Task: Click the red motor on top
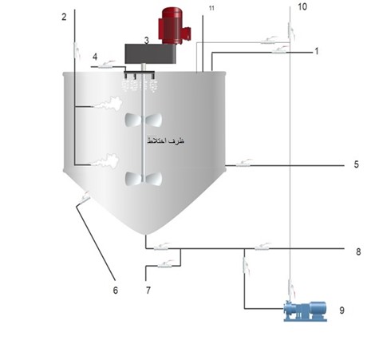click(x=174, y=26)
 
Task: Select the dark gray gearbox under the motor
click(x=151, y=53)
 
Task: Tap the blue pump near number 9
click(x=306, y=311)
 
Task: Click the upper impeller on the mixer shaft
click(x=144, y=120)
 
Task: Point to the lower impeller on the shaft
click(x=144, y=178)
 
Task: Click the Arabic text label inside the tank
click(x=166, y=140)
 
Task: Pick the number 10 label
click(x=302, y=6)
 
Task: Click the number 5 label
click(x=357, y=164)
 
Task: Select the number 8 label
click(x=358, y=251)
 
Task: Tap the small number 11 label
click(x=211, y=8)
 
